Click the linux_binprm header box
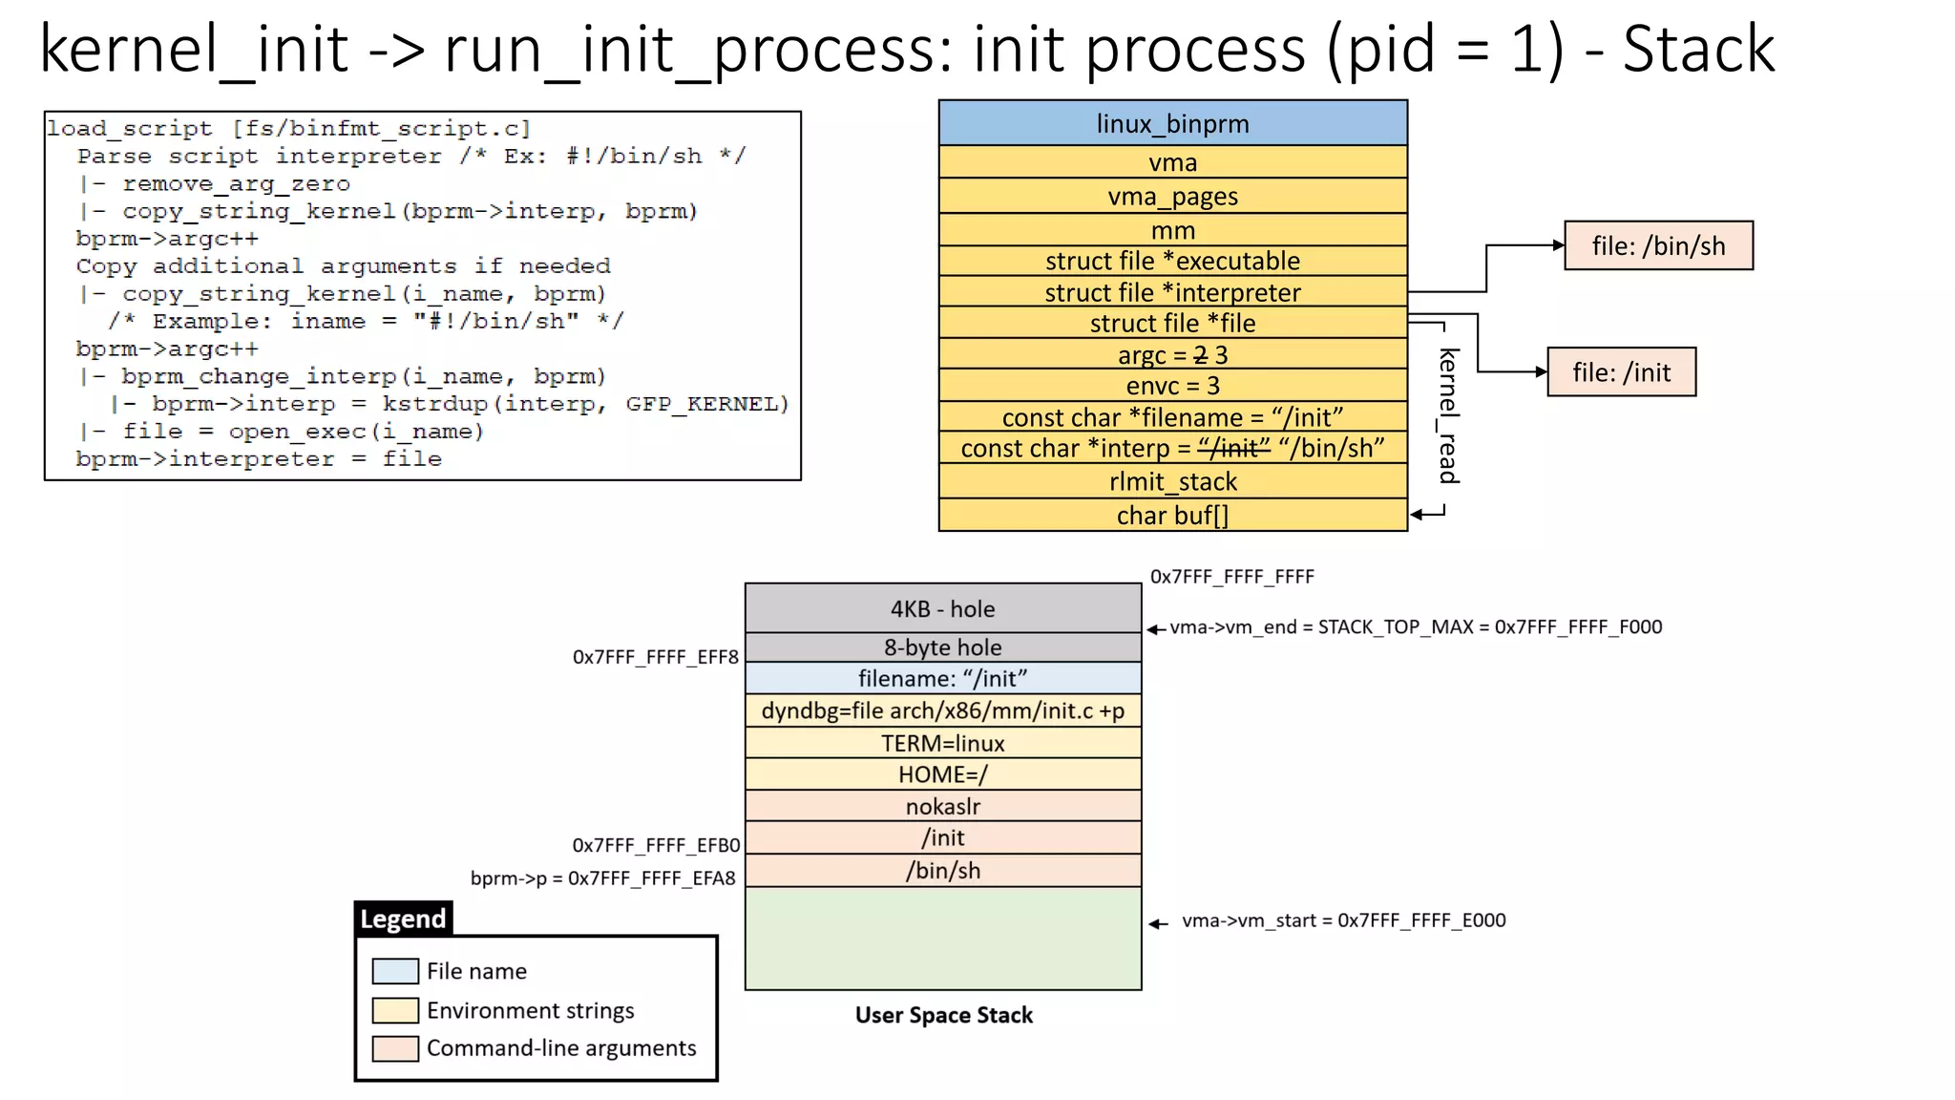pos(1172,123)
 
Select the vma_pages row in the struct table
pos(1172,196)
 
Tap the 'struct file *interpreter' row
pos(1172,292)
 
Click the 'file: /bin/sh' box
pos(1658,245)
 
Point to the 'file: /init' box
pos(1621,371)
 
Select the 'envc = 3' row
pos(1172,386)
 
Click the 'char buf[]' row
pos(1172,516)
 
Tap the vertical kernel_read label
pos(1449,415)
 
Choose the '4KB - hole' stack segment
pos(942,608)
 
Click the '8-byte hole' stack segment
pos(942,647)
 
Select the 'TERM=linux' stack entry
pos(942,743)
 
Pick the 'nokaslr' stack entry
pos(942,806)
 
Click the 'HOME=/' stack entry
pos(942,774)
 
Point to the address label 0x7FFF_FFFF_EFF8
pos(655,657)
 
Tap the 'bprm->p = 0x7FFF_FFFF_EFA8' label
pos(602,878)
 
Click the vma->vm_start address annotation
pos(1343,920)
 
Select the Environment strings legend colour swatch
pos(395,1010)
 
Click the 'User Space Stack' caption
pos(943,1015)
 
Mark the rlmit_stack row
pos(1172,481)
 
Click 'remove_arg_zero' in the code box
pos(236,183)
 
